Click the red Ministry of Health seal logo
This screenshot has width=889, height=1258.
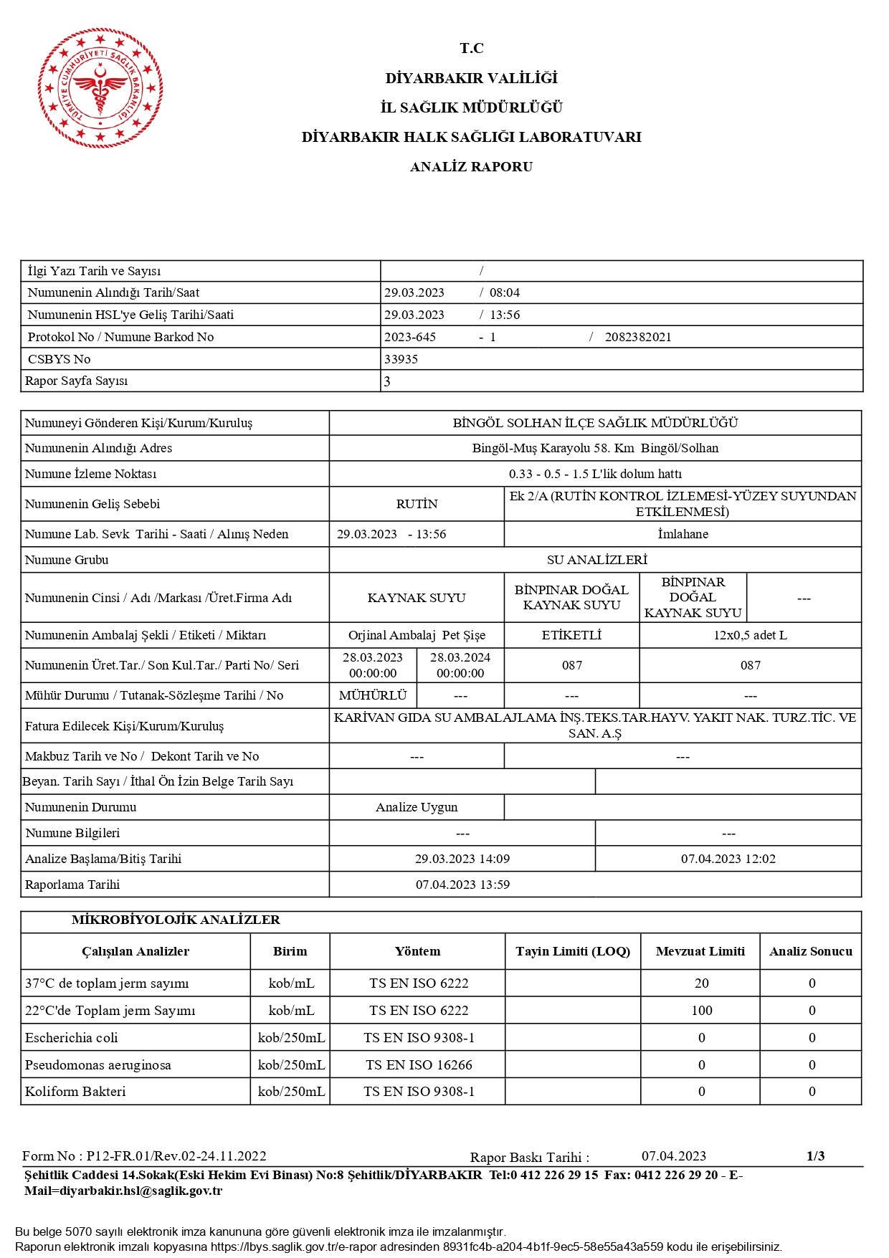point(100,88)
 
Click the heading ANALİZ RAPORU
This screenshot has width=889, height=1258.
point(471,167)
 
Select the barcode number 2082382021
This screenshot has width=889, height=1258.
point(637,337)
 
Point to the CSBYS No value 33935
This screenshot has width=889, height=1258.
point(401,359)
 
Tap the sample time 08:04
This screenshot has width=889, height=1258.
point(504,292)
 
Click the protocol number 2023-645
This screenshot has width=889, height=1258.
point(410,337)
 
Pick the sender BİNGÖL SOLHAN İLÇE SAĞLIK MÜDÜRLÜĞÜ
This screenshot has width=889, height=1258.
point(595,423)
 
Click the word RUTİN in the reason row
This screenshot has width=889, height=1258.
point(417,504)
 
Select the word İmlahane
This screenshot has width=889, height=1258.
point(683,534)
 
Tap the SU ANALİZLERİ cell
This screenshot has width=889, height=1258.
point(596,560)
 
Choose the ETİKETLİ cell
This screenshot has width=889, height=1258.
point(571,635)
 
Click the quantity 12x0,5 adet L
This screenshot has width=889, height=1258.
point(750,635)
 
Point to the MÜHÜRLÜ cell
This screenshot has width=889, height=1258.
point(373,695)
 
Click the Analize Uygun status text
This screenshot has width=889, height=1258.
point(417,807)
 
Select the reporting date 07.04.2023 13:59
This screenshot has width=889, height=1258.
point(462,885)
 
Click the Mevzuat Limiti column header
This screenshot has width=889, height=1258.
point(700,951)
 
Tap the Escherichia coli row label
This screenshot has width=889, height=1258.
point(72,1037)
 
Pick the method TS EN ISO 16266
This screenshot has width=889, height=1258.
point(419,1064)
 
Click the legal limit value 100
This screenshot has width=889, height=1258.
point(701,1010)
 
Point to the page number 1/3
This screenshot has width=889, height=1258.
point(815,1155)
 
